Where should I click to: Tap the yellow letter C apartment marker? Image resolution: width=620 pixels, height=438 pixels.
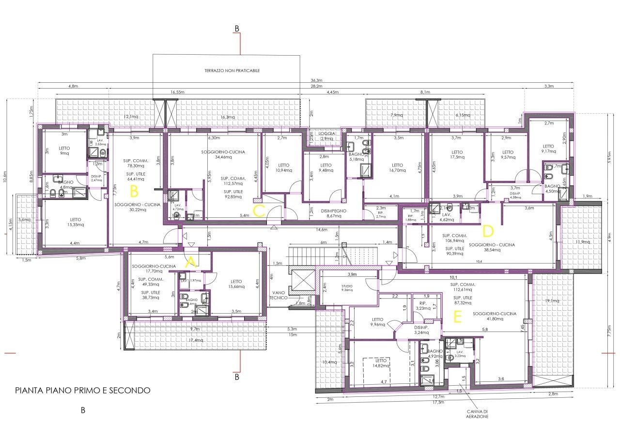click(x=259, y=210)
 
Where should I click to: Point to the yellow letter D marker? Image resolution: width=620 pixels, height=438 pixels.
click(x=488, y=229)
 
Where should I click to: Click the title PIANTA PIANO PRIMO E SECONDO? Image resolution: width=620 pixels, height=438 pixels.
click(x=83, y=390)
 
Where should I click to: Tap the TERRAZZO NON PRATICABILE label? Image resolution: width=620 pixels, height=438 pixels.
click(x=232, y=70)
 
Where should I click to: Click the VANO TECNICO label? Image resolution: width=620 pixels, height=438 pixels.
click(x=279, y=295)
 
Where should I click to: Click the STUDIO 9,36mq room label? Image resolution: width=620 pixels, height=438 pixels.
click(x=347, y=288)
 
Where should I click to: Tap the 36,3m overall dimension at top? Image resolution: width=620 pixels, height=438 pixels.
click(x=318, y=81)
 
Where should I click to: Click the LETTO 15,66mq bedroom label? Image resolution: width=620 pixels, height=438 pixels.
click(x=236, y=284)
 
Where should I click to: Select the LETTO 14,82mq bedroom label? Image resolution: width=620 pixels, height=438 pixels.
click(x=381, y=363)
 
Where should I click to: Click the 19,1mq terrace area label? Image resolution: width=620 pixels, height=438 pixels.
click(x=552, y=301)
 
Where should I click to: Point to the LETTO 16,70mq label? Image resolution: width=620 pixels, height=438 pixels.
click(x=397, y=167)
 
